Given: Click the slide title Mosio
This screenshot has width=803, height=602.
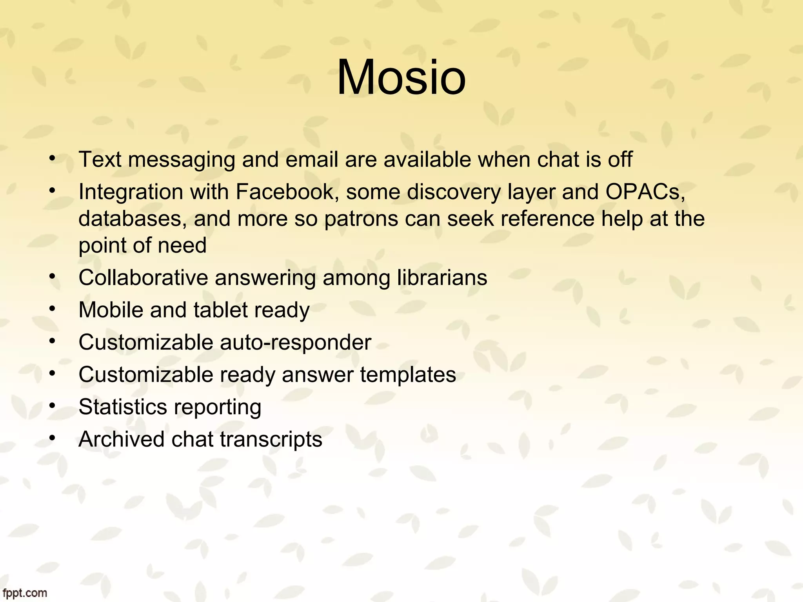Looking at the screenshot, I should pyautogui.click(x=401, y=77).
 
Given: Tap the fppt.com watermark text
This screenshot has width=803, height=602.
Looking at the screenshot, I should pyautogui.click(x=24, y=593).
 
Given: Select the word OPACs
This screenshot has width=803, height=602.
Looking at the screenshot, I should pyautogui.click(x=645, y=192).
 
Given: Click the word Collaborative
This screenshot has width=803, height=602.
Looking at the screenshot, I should pyautogui.click(x=143, y=278).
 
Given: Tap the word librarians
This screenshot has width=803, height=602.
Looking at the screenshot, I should pyautogui.click(x=442, y=278).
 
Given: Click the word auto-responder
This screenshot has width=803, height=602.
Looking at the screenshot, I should pyautogui.click(x=295, y=343).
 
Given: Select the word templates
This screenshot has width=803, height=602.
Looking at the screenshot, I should pyautogui.click(x=408, y=375).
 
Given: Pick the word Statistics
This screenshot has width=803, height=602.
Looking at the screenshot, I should pyautogui.click(x=123, y=407).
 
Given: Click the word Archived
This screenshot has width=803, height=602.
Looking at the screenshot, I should pyautogui.click(x=121, y=439).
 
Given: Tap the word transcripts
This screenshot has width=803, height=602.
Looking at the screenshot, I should pyautogui.click(x=271, y=439).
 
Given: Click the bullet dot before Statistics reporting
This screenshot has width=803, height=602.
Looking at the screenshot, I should pyautogui.click(x=52, y=406).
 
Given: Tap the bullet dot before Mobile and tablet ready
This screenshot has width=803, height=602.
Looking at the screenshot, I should pyautogui.click(x=52, y=309).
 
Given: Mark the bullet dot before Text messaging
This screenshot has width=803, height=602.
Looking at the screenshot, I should pyautogui.click(x=52, y=158).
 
